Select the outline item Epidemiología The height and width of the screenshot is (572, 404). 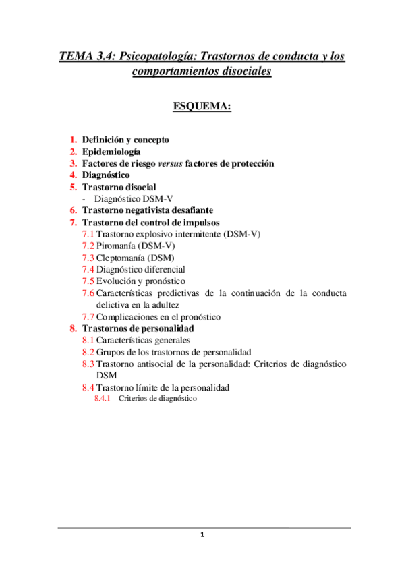111,151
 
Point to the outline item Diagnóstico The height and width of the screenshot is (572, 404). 106,175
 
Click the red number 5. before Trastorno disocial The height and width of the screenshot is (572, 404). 74,187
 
